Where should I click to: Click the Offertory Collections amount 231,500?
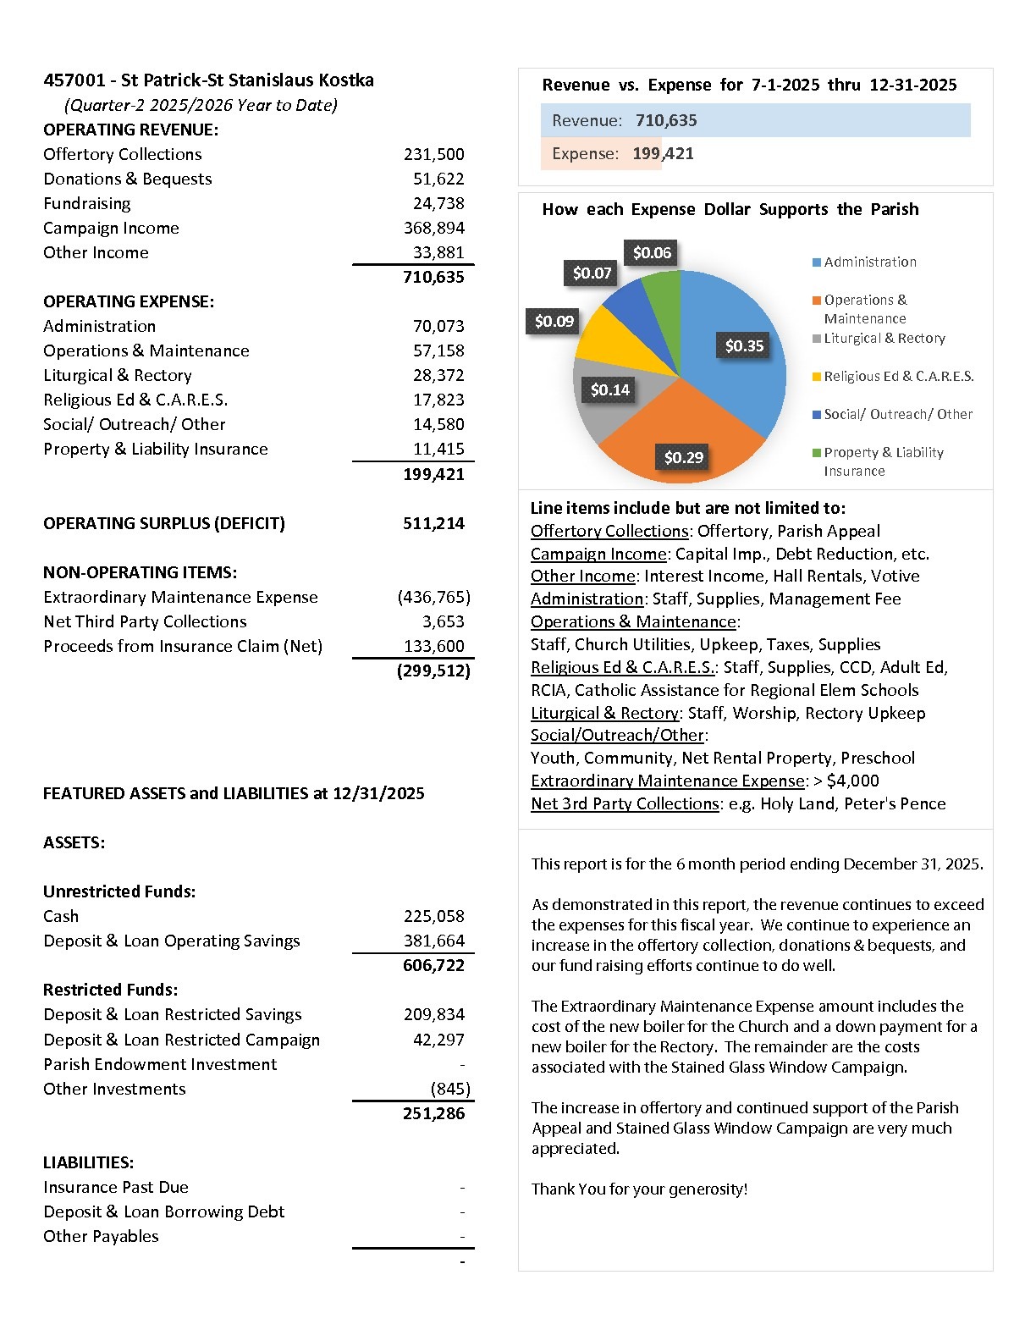click(x=433, y=154)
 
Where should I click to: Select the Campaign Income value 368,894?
click(x=433, y=228)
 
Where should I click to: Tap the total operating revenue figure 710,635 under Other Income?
click(x=433, y=277)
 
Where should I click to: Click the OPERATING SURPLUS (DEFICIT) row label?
click(x=164, y=523)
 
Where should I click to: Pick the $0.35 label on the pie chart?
click(x=744, y=345)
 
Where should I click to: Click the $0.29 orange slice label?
click(x=683, y=457)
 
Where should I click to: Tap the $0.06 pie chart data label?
click(x=652, y=252)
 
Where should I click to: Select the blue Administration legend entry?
click(x=869, y=262)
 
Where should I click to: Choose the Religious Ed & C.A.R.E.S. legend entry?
click(x=898, y=376)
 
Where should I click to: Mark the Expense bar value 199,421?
click(x=663, y=153)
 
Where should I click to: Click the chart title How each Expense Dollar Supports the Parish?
click(x=730, y=209)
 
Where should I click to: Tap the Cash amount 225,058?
click(x=433, y=916)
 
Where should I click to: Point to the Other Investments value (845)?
click(x=449, y=1089)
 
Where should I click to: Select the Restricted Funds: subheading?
click(x=111, y=990)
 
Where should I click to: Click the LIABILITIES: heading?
click(x=89, y=1162)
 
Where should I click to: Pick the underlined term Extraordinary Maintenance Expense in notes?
click(x=667, y=781)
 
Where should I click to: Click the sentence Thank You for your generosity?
click(x=639, y=1189)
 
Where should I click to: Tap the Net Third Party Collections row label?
click(x=145, y=621)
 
